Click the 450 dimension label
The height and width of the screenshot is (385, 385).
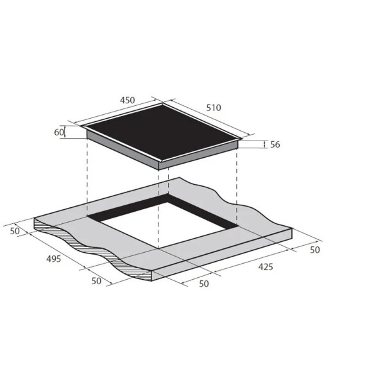click(x=128, y=100)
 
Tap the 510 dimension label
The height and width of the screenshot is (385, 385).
click(x=214, y=108)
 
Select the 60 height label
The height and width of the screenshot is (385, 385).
click(x=59, y=132)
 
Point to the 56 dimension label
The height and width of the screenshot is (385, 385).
click(x=275, y=144)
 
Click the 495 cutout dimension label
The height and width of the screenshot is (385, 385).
click(x=53, y=259)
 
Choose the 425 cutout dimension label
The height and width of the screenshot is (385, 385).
click(x=266, y=267)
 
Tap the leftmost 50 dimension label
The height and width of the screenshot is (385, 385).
click(x=15, y=231)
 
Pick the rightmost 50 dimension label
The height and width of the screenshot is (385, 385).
click(x=315, y=250)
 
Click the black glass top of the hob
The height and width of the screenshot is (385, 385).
click(x=162, y=133)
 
